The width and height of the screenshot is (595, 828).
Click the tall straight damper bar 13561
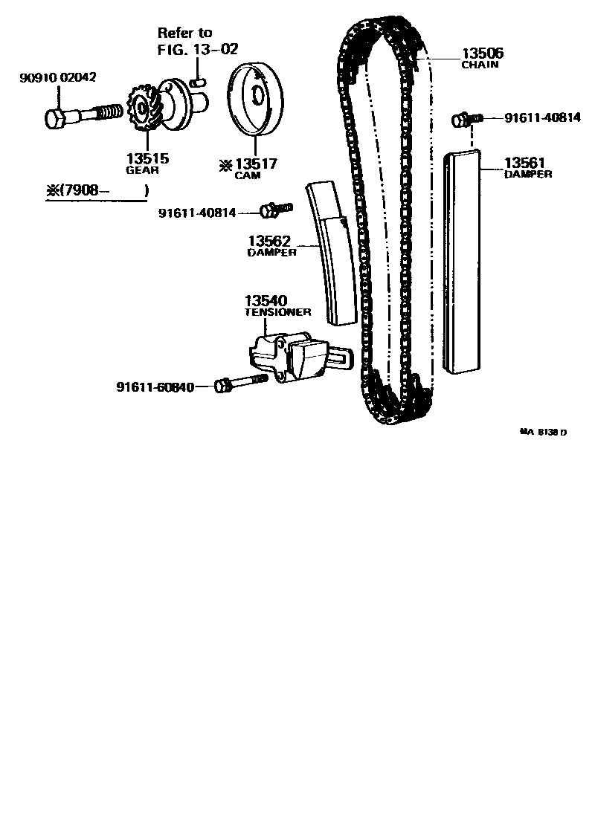click(x=462, y=260)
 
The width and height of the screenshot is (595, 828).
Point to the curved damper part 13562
click(x=331, y=253)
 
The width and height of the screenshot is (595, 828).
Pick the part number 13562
click(x=270, y=242)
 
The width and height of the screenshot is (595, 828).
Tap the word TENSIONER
click(x=278, y=312)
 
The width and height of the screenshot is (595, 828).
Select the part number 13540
click(x=266, y=301)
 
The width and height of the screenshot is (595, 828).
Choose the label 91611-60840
click(x=155, y=387)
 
